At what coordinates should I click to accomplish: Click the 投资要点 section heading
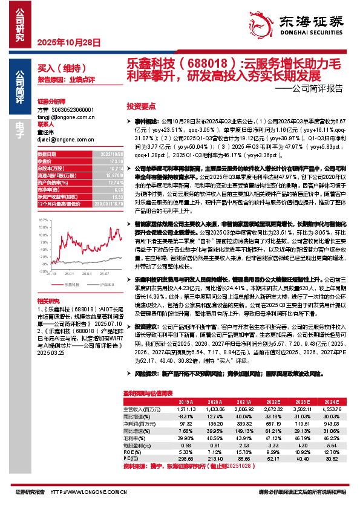click(141, 105)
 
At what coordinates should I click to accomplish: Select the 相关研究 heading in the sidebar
click(48, 300)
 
